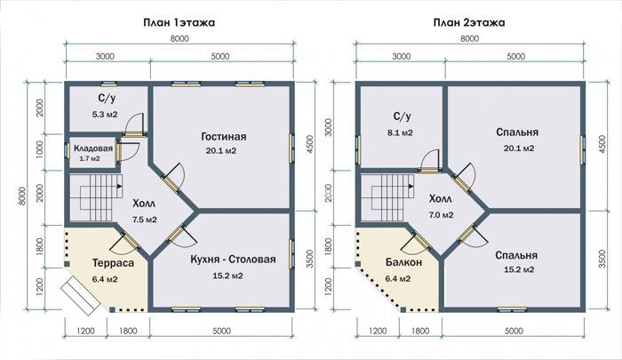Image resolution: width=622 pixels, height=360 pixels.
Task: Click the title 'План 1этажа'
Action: point(179,22)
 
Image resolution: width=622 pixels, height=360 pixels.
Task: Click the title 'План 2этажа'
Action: point(469,22)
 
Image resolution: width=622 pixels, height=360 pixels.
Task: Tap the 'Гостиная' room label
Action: point(224,137)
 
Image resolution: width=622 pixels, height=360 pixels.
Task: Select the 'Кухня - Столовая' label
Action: point(233,260)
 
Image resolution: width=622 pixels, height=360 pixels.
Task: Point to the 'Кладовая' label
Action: point(93,148)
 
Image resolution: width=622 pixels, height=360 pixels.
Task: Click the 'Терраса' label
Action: point(113,263)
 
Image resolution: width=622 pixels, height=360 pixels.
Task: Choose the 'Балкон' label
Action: point(403,262)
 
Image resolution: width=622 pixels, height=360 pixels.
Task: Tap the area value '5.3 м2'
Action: point(105,115)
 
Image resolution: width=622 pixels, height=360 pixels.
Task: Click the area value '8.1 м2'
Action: point(400,133)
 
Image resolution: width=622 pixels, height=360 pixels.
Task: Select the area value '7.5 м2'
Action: point(144,220)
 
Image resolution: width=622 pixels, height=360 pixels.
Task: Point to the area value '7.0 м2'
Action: point(441,215)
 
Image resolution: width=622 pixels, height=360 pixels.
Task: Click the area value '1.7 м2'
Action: point(90,159)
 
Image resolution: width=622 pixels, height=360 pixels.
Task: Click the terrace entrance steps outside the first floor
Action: point(81,295)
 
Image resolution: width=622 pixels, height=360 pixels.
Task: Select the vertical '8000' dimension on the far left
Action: point(22,196)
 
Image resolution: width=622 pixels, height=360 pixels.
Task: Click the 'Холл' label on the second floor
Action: point(441,198)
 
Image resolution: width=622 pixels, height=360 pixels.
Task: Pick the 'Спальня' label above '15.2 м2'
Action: point(516,255)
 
